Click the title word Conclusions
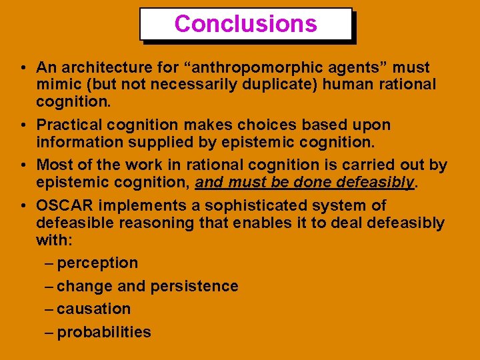(x=245, y=24)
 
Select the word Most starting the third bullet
(x=54, y=165)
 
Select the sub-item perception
(x=97, y=263)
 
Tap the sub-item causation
(x=94, y=309)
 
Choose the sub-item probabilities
(x=104, y=332)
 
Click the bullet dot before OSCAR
(x=23, y=205)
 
